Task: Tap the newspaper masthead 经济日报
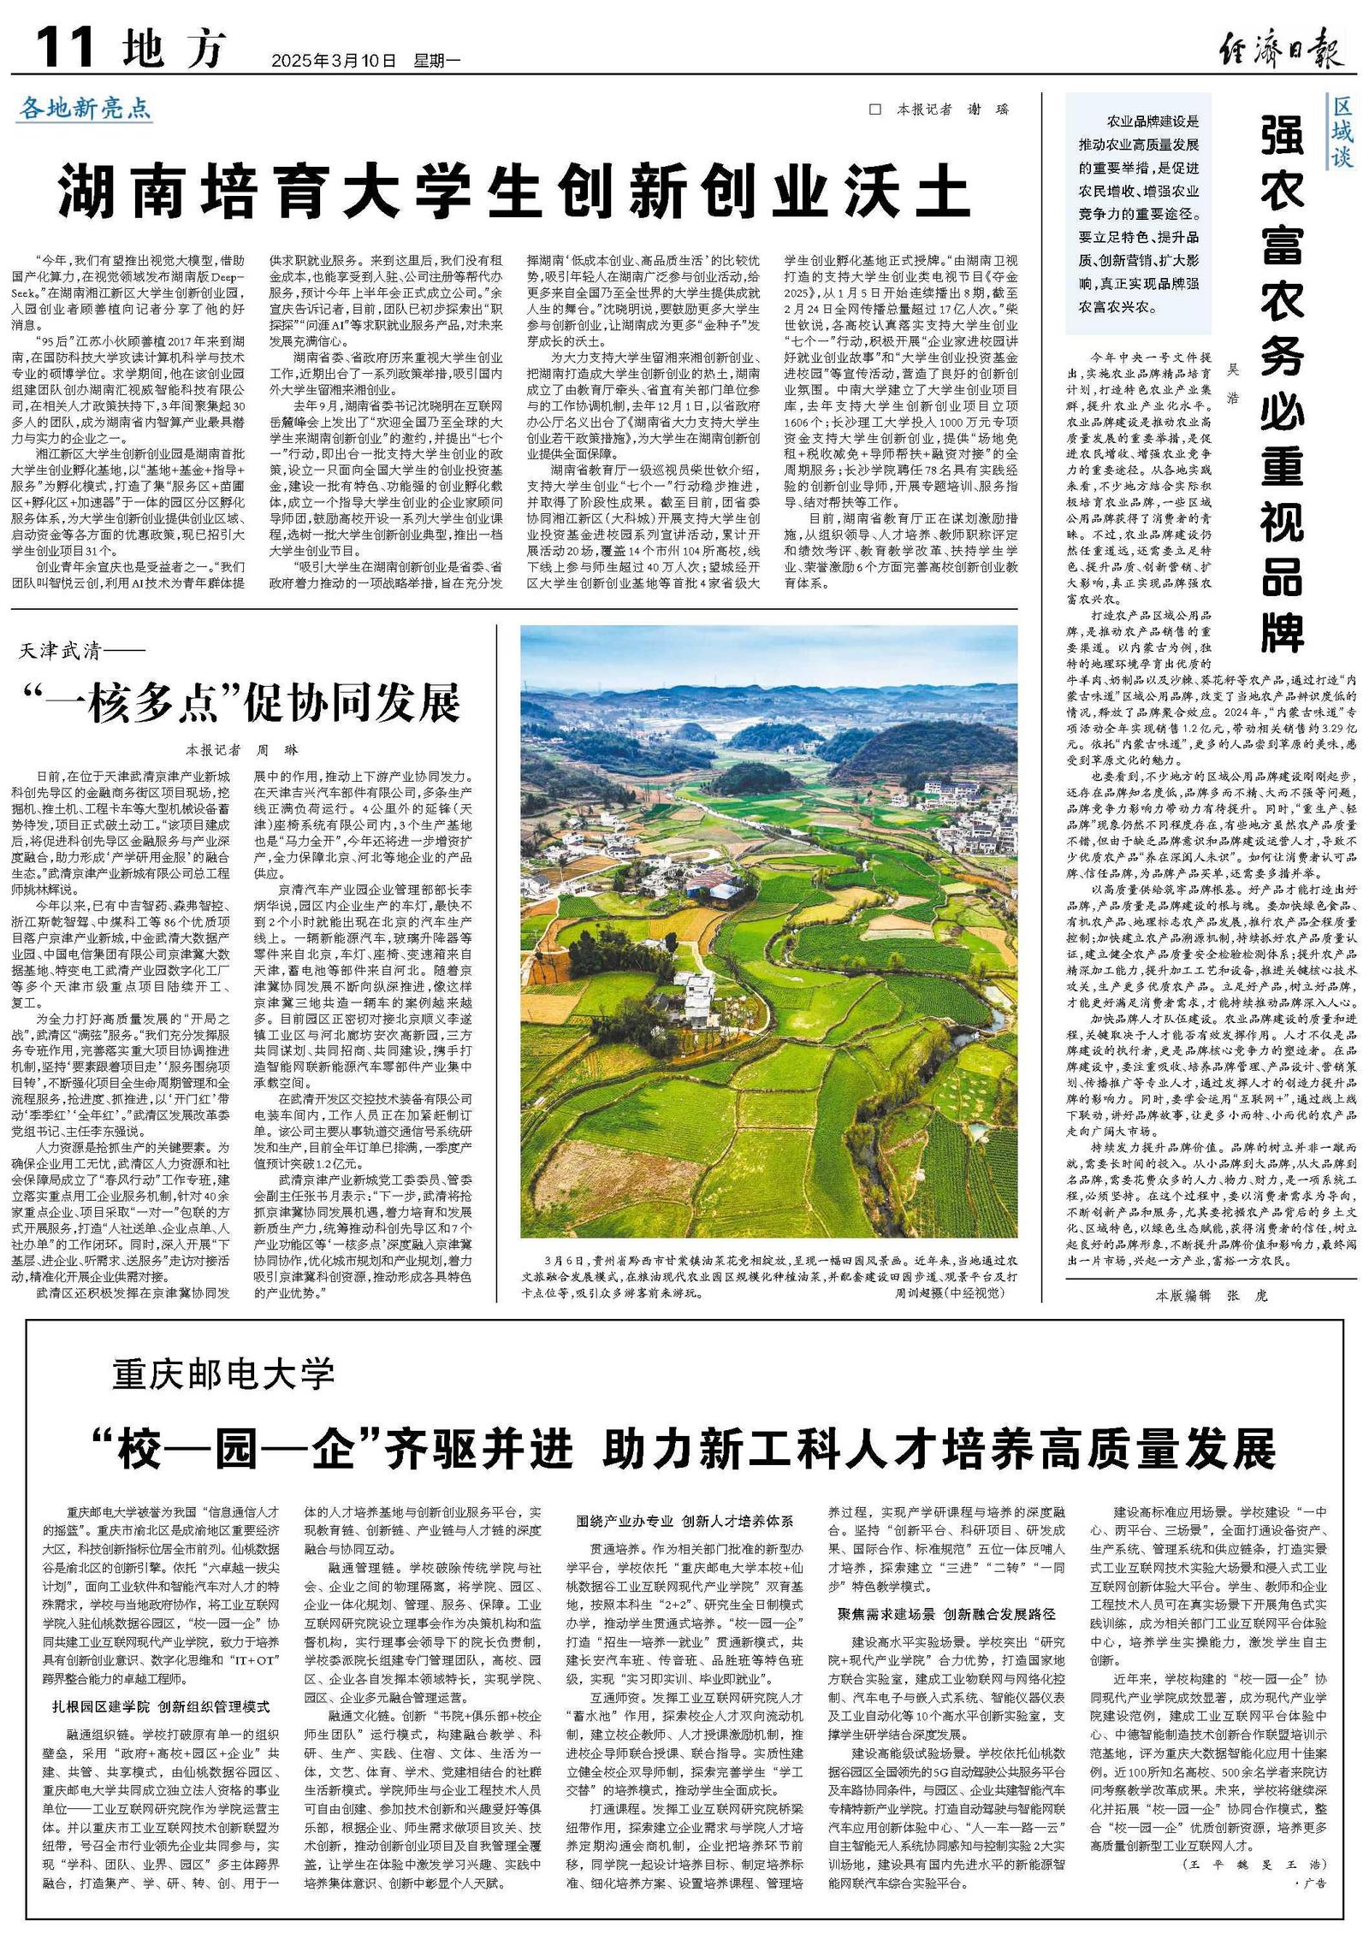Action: [1280, 50]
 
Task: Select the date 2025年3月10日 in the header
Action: [334, 62]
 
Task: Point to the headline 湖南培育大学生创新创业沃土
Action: [513, 194]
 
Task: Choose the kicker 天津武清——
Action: [81, 652]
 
